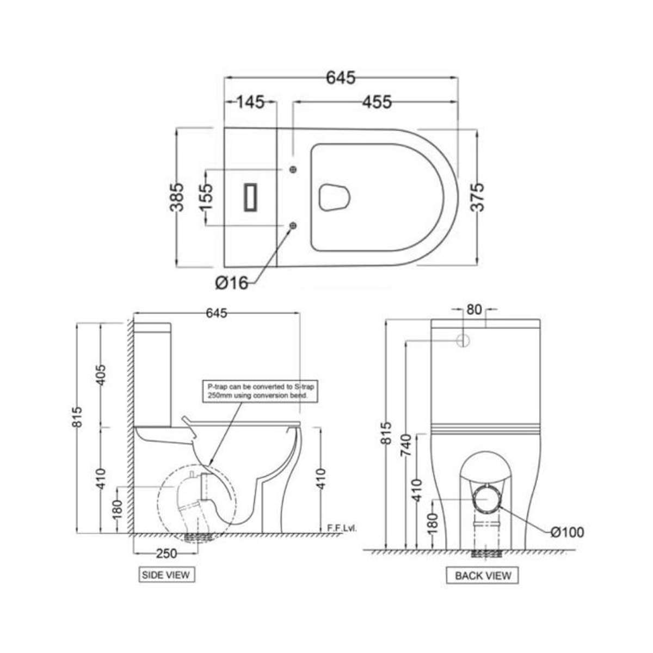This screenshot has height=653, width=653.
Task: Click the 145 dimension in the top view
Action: [x=250, y=102]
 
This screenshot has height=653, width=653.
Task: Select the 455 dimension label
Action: [x=374, y=102]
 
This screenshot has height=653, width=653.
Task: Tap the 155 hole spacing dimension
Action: [x=207, y=197]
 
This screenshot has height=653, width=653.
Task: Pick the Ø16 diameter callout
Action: [x=231, y=283]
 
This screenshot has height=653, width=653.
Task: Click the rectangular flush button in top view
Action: [x=251, y=197]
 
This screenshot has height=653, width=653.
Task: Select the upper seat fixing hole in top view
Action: [x=294, y=170]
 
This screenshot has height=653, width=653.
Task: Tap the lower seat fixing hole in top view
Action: [x=294, y=225]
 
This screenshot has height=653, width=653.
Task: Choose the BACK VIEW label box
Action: [x=483, y=575]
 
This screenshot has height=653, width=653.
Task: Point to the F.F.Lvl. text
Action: [x=342, y=528]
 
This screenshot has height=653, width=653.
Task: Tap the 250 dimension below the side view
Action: [x=167, y=553]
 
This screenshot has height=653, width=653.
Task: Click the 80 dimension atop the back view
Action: [x=474, y=310]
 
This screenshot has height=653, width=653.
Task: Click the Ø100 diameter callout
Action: [x=567, y=532]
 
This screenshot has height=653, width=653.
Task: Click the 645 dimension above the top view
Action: [x=341, y=78]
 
